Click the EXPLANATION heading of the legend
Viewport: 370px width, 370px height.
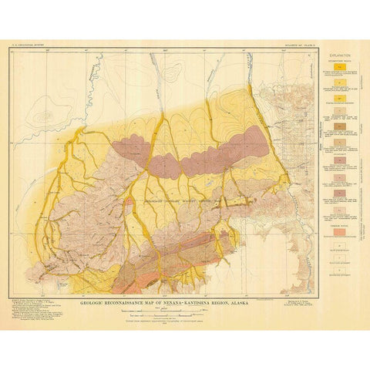(x=340, y=58)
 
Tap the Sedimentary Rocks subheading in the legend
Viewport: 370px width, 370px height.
(x=340, y=64)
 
